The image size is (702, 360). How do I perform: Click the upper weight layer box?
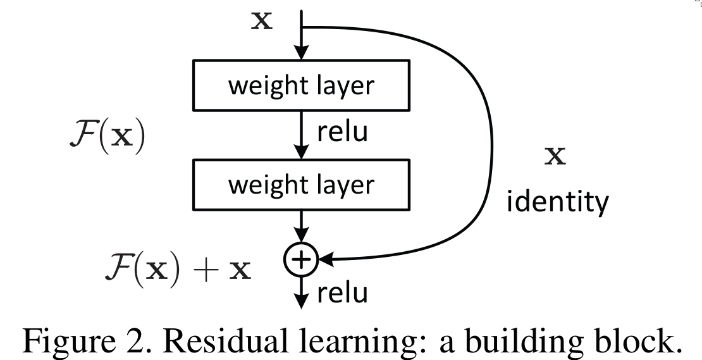300,85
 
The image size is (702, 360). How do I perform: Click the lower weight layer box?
300,185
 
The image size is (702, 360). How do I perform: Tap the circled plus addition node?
302,259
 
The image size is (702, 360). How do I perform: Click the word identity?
556,202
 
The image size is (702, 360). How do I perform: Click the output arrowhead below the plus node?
302,301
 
